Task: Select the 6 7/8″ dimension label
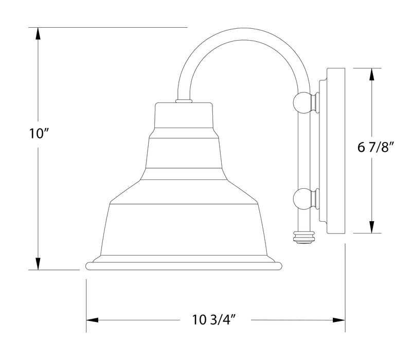(x=375, y=149)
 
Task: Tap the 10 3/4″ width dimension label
(x=216, y=320)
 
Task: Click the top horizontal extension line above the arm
(x=108, y=27)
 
